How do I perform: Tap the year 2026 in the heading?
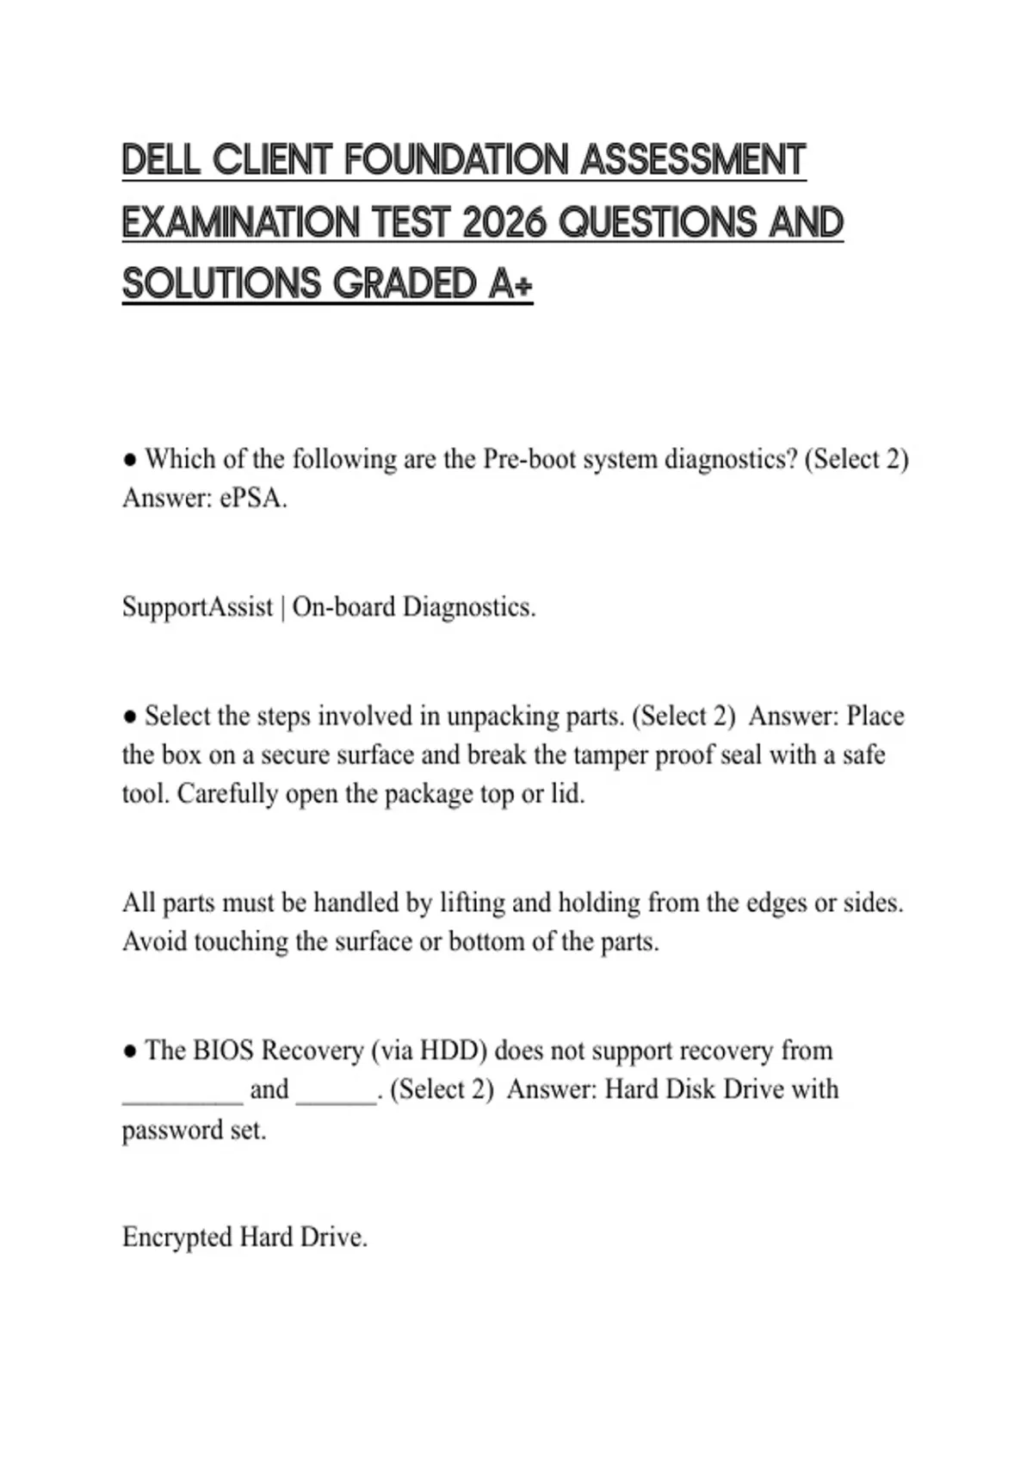click(x=504, y=223)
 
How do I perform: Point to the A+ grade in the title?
click(x=510, y=284)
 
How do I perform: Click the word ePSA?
click(x=253, y=498)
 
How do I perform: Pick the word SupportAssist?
click(x=197, y=607)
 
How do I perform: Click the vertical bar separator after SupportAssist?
click(x=282, y=607)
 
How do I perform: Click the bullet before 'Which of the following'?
click(x=130, y=460)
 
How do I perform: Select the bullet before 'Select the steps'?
click(x=130, y=716)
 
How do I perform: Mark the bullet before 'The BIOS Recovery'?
click(x=130, y=1051)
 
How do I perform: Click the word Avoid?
click(x=155, y=941)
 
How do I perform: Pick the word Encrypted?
click(x=177, y=1238)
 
